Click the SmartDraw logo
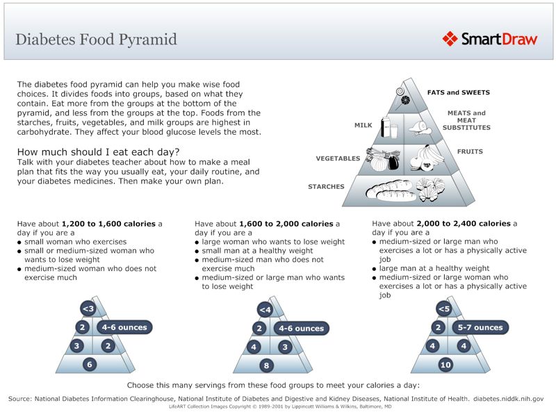click(490, 38)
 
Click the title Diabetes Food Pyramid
click(96, 39)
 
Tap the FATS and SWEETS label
click(458, 92)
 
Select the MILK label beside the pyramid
click(363, 126)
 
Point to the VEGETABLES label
click(338, 158)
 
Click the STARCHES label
click(326, 187)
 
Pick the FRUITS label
click(470, 151)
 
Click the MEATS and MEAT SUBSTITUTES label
click(468, 120)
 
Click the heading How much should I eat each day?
click(98, 152)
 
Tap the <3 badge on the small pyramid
click(88, 309)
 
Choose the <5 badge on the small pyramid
click(444, 308)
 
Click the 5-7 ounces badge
click(479, 327)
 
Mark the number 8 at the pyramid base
click(265, 365)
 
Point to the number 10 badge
click(445, 364)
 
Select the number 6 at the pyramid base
click(88, 364)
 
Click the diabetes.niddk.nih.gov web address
click(508, 399)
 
